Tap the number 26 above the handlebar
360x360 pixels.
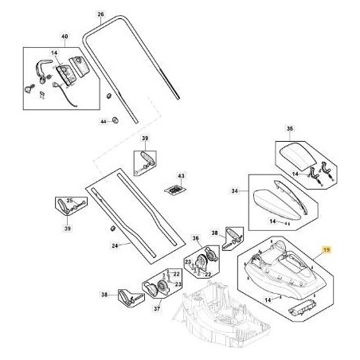coord(100,15)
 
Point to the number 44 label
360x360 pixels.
coord(102,121)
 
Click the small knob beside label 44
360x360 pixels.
coord(115,120)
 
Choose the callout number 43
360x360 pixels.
coord(181,175)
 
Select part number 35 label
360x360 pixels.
coord(290,127)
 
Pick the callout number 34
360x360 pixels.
coord(234,191)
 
